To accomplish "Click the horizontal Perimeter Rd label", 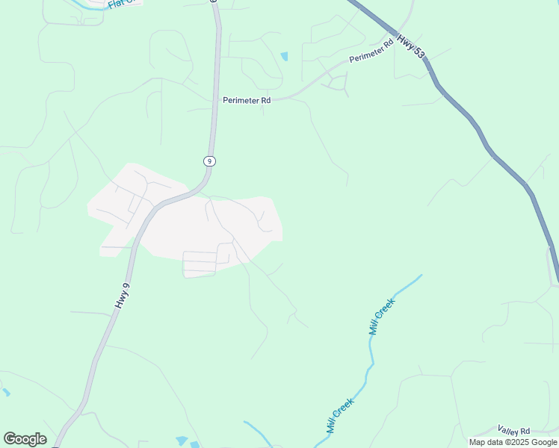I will [x=246, y=100].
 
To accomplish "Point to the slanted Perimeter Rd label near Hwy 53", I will [x=371, y=55].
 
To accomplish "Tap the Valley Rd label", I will [x=513, y=431].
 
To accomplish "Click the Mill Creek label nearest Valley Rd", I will [x=340, y=416].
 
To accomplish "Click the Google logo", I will [x=25, y=438].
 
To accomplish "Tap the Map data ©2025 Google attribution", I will [x=513, y=442].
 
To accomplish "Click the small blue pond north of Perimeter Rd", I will [x=284, y=56].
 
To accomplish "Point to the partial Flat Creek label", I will [x=123, y=4].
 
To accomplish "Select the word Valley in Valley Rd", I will [x=508, y=431].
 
